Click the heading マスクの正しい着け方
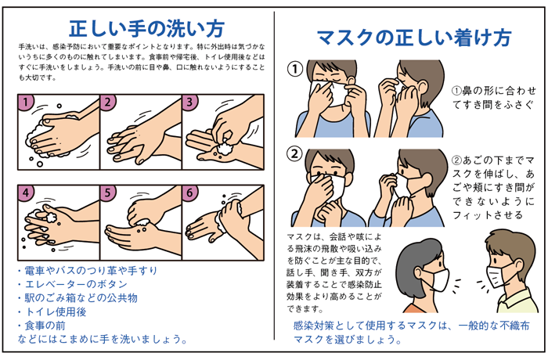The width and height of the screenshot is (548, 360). coord(414,37)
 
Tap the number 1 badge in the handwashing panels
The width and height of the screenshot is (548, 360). coord(26,102)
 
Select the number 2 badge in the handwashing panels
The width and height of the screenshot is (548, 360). coord(109,102)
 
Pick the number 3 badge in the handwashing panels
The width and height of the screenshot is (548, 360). coord(190,102)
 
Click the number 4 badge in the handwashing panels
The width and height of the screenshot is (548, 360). coord(26,192)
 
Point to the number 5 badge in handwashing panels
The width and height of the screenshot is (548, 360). coord(109,192)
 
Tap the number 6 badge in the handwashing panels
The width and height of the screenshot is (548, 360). coord(190,192)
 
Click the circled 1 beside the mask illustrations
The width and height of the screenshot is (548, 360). coord(295,70)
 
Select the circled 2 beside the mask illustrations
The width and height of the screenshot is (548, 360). coord(295,153)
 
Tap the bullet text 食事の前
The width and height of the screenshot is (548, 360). coord(43,324)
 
